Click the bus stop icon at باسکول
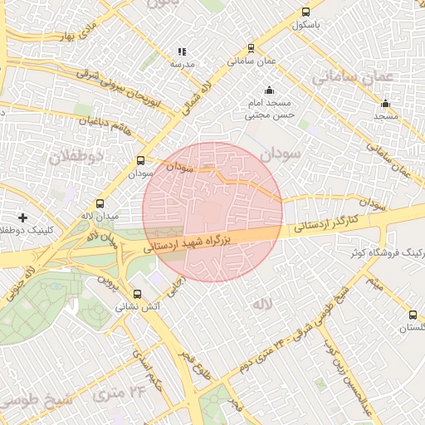[x=306, y=12]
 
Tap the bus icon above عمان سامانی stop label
[x=232, y=47]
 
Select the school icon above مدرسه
[x=182, y=51]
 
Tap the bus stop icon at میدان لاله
[x=100, y=203]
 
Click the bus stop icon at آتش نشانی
[x=137, y=293]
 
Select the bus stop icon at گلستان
[x=413, y=315]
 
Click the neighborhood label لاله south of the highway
[x=261, y=305]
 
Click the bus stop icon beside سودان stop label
[x=140, y=161]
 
